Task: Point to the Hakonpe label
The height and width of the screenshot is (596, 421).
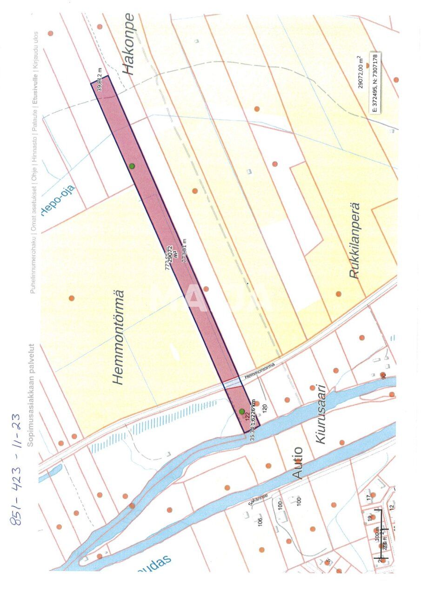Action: tap(128, 44)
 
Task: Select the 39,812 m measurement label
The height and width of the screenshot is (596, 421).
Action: tap(99, 79)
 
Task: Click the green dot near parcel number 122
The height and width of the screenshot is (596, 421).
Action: tap(241, 411)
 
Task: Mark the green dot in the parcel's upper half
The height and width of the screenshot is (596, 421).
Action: tap(132, 166)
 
